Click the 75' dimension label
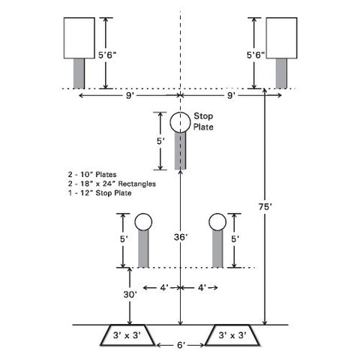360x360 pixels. (265, 207)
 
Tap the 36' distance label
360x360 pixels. (181, 237)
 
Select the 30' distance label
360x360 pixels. (130, 295)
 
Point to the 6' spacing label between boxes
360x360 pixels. (181, 345)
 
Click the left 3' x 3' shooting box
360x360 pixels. (127, 335)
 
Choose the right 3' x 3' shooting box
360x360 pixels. (232, 335)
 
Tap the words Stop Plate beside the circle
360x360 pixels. (203, 121)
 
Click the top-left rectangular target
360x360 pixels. (79, 38)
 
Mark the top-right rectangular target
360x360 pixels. (281, 38)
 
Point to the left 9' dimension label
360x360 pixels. (129, 95)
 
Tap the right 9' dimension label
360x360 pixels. (230, 95)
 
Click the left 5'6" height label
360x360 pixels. (107, 55)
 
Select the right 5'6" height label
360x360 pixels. (256, 55)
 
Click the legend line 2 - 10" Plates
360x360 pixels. (92, 174)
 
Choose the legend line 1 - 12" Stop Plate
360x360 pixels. (100, 193)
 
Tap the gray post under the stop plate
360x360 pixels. (180, 151)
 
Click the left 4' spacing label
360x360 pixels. (164, 288)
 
